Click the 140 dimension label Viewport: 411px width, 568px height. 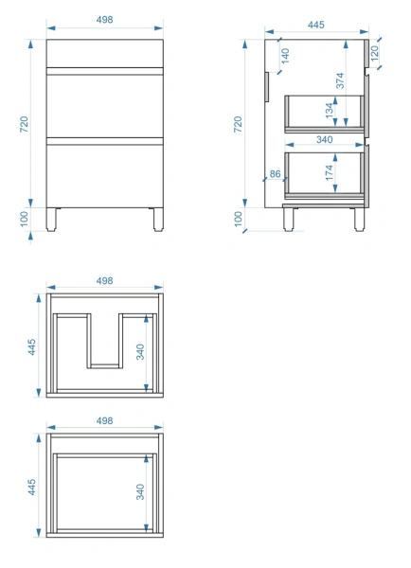(x=286, y=56)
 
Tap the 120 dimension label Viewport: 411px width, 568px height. (x=375, y=52)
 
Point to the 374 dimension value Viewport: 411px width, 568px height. (x=340, y=80)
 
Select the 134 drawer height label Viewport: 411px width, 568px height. (x=330, y=111)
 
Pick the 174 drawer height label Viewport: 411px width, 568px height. (x=330, y=172)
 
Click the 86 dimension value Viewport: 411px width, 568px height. (x=275, y=174)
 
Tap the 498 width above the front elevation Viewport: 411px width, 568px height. (x=105, y=20)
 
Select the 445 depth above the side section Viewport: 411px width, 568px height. (x=316, y=25)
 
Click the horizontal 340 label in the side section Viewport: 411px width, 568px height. (x=325, y=139)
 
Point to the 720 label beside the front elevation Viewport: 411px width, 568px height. (x=24, y=124)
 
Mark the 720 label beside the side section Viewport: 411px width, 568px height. (x=238, y=124)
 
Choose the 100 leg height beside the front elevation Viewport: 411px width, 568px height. (x=24, y=219)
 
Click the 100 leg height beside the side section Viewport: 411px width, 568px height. (x=238, y=219)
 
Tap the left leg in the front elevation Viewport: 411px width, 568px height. (x=51, y=220)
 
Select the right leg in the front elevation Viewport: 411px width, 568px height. (x=158, y=220)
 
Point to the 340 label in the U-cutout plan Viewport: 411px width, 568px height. (x=140, y=352)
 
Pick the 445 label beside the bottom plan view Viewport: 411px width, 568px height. (x=32, y=487)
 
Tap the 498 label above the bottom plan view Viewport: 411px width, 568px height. (x=105, y=421)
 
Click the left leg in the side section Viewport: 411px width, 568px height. (x=289, y=220)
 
